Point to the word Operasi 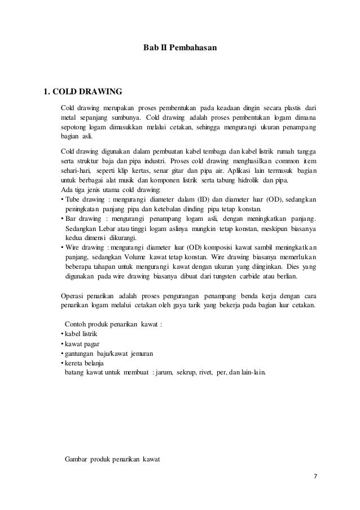pos(73,295)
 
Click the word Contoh pos(77,324)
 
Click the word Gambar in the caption pos(78,459)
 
